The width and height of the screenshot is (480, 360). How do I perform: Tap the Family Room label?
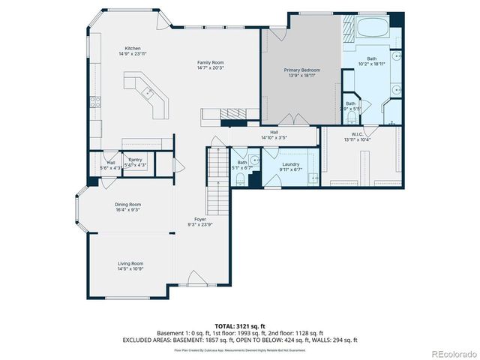tap(211, 62)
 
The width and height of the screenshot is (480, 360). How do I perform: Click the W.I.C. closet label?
tap(357, 135)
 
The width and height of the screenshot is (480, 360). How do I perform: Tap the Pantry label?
tap(135, 160)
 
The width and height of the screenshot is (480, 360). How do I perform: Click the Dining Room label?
tap(128, 204)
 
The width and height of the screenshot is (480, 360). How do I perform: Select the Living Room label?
tap(130, 263)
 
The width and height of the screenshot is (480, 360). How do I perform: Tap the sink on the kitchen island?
tap(148, 93)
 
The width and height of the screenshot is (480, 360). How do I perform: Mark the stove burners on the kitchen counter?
tap(94, 104)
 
